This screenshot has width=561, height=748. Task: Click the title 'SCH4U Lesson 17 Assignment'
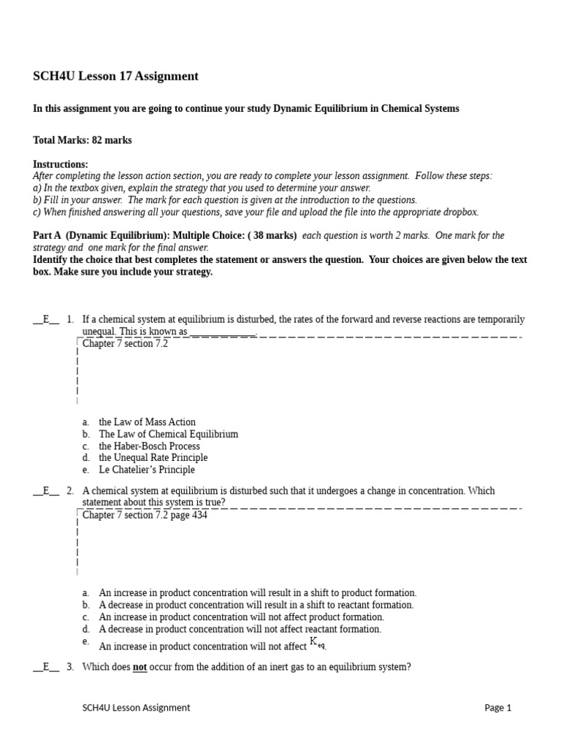click(115, 77)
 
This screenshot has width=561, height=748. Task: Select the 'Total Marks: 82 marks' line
click(83, 140)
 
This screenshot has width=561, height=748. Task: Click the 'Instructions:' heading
click(61, 164)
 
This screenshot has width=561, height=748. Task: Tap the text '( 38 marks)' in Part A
click(272, 235)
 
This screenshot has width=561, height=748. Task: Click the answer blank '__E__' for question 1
click(46, 319)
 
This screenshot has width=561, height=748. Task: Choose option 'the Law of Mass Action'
click(147, 422)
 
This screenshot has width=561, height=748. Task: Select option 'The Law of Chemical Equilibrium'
click(168, 434)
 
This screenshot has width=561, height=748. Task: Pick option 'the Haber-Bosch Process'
click(149, 446)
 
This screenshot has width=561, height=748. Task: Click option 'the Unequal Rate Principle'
click(153, 458)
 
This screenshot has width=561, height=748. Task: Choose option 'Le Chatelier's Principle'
click(147, 470)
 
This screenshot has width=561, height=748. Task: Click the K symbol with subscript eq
click(317, 643)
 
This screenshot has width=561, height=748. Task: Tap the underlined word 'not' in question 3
click(140, 667)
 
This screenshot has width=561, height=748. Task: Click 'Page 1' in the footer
click(498, 707)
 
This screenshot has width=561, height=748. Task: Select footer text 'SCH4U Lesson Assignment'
click(136, 707)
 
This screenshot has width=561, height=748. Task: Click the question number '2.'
click(70, 491)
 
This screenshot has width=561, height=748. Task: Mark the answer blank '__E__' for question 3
click(46, 667)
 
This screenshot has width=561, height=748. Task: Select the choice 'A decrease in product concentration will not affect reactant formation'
click(240, 629)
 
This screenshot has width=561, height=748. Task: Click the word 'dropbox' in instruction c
click(461, 212)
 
